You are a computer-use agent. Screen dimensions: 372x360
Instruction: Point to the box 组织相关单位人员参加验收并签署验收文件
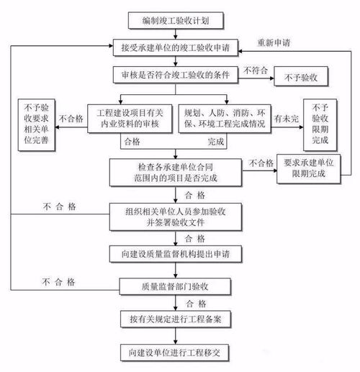tap(172, 215)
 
